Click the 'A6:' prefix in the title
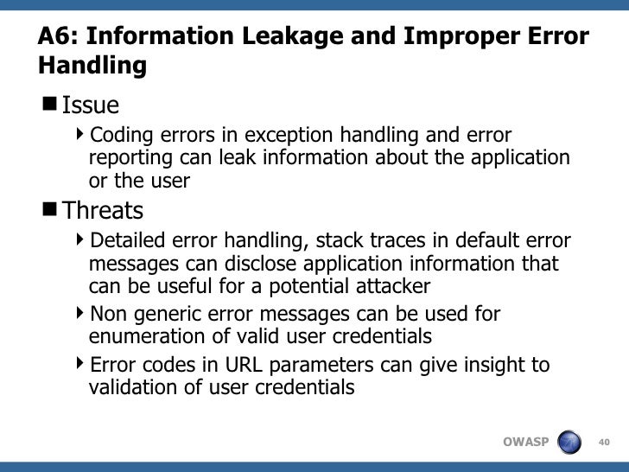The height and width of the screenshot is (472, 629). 58,37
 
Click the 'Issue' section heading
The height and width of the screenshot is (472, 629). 91,105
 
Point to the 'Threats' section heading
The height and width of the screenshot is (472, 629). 103,210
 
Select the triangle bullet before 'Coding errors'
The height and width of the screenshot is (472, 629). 80,135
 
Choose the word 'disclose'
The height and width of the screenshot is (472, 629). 246,264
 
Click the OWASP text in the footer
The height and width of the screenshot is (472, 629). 525,443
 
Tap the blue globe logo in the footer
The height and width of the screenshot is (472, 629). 570,442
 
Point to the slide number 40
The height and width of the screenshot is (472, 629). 603,443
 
